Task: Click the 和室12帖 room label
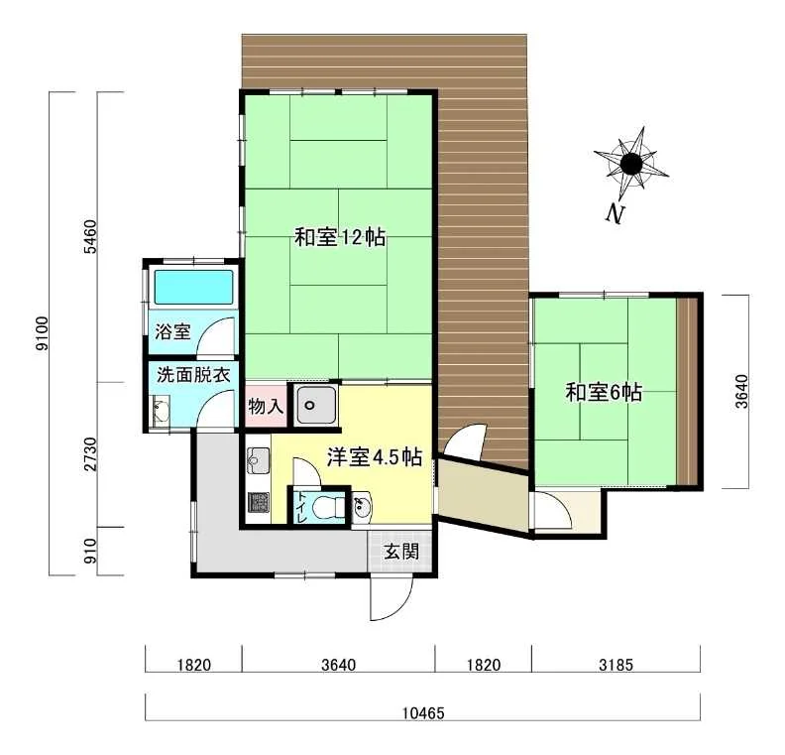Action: (x=340, y=237)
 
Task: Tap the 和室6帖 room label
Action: (x=604, y=392)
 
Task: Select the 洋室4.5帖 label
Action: (x=375, y=457)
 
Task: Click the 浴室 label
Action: (x=172, y=331)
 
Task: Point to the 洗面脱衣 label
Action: (x=193, y=375)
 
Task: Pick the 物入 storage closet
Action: (x=266, y=406)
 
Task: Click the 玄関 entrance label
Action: (x=401, y=552)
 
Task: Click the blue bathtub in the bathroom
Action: (x=193, y=288)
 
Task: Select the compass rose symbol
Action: (x=630, y=163)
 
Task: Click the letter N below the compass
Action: (x=615, y=214)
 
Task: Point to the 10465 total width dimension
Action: (x=423, y=712)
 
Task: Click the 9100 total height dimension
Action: (x=43, y=333)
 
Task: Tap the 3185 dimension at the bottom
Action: (x=616, y=665)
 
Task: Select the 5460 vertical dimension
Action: (x=90, y=236)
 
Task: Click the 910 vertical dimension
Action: (x=90, y=551)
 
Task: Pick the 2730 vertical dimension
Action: (x=90, y=454)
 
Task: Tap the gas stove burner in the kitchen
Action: (x=259, y=502)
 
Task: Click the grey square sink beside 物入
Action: (x=314, y=405)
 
